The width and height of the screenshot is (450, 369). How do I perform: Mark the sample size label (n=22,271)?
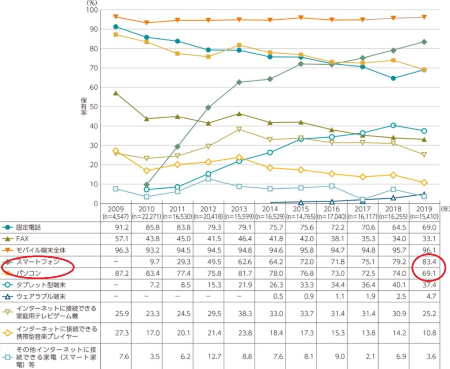146,216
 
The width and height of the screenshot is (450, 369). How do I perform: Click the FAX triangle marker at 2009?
116,93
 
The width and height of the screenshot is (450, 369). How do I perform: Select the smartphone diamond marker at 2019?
424,42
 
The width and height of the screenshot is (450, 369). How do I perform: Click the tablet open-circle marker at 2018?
394,125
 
